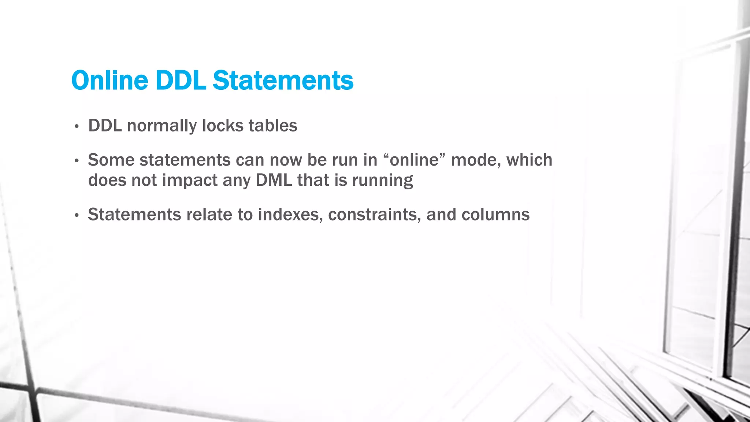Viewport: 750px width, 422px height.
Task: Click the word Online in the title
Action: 109,80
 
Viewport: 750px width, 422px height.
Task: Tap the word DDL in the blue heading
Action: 180,80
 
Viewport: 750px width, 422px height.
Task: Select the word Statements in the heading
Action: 283,80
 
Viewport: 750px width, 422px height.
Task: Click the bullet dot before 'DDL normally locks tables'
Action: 77,127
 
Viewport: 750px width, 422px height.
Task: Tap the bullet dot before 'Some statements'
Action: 77,161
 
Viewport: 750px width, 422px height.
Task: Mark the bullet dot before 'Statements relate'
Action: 77,215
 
